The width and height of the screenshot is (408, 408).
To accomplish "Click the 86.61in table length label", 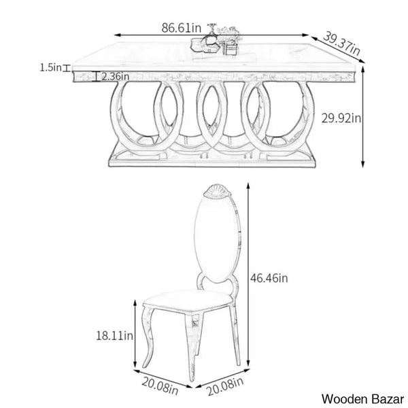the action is (182, 28).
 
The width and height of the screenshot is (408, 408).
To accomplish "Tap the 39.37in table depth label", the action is (341, 44).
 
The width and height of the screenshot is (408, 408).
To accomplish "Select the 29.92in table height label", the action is (341, 118).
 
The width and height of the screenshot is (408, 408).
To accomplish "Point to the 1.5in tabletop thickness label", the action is (50, 67).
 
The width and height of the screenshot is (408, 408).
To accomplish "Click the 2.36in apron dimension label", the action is (116, 76).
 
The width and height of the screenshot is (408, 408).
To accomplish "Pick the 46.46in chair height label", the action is (269, 278).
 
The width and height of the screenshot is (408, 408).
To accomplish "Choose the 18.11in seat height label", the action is (114, 336).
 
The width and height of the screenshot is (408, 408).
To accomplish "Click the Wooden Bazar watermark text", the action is (362, 399).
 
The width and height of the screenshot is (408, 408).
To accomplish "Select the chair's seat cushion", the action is (188, 301).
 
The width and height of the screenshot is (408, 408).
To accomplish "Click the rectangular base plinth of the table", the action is (212, 160).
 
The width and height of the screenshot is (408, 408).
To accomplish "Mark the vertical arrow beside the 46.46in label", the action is (248, 275).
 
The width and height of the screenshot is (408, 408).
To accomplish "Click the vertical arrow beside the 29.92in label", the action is (363, 116).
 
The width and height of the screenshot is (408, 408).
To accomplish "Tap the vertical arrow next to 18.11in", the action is (135, 334).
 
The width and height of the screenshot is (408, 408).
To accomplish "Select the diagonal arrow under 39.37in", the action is (338, 50).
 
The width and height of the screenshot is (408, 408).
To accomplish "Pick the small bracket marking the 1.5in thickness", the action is (67, 68).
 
